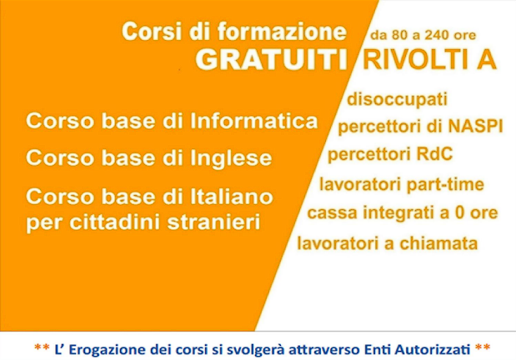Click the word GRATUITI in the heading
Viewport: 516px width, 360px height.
(x=272, y=60)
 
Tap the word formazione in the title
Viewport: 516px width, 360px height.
(x=282, y=32)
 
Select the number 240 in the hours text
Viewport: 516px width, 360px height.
(x=437, y=35)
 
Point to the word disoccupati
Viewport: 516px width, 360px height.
(x=397, y=99)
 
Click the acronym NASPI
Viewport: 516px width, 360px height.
(x=475, y=126)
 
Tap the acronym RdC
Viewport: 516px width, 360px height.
(x=434, y=154)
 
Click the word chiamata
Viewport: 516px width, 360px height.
(x=438, y=244)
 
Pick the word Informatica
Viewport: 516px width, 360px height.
(x=254, y=121)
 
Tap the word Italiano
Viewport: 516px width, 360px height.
(x=232, y=197)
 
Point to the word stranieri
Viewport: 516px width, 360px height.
(x=214, y=222)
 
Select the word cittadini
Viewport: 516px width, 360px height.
(x=116, y=222)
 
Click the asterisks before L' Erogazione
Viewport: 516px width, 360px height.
(x=43, y=347)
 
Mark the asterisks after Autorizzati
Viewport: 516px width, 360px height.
(x=483, y=347)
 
